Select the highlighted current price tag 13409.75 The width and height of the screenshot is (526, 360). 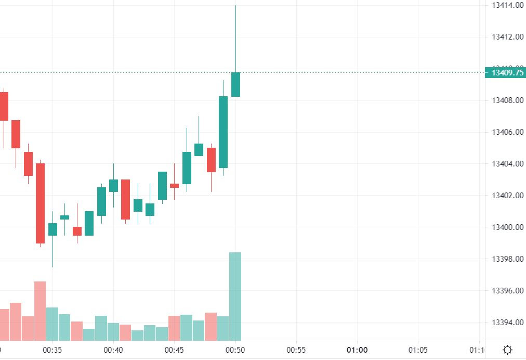coord(505,73)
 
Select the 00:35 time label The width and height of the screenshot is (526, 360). coord(52,350)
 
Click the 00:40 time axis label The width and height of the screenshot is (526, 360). coord(113,350)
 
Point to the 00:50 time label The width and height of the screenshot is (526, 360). coord(235,350)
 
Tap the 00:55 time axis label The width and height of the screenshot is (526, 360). coord(296,350)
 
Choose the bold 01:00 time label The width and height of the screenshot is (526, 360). coord(357,350)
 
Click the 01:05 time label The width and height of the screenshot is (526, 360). coord(418,350)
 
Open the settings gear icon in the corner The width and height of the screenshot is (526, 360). coord(507,350)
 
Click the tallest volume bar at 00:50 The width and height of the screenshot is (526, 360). coord(235,297)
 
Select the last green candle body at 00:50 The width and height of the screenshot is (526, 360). coord(235,84)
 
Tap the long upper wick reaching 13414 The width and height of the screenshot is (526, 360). coord(235,36)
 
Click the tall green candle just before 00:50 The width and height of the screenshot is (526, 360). coord(223,132)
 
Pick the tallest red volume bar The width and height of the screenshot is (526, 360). coord(40,311)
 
